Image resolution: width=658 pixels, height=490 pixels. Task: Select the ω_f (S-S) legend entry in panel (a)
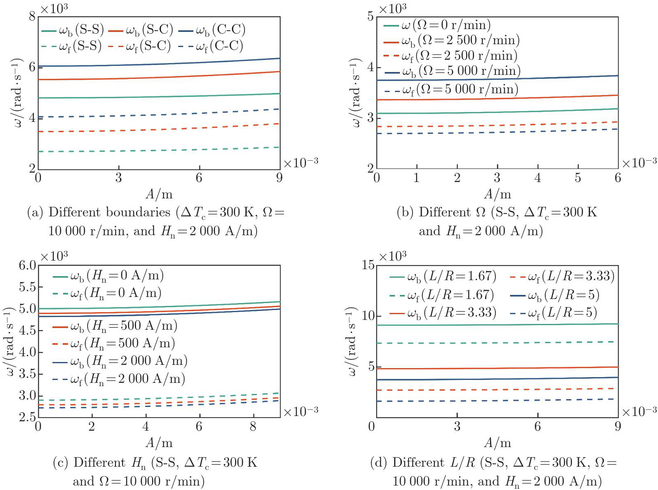[x=72, y=46]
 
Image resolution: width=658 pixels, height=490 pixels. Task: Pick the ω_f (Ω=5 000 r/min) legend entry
[x=451, y=90]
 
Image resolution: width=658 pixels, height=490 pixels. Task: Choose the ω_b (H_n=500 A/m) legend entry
[x=115, y=326]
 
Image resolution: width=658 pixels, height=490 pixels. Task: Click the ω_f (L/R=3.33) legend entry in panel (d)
[x=563, y=276]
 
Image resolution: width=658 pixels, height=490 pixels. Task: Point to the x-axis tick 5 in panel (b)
[x=578, y=178]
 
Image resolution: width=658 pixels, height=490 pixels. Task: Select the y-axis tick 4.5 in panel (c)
[x=27, y=330]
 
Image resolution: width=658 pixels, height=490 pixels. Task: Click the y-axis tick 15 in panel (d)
[x=368, y=265]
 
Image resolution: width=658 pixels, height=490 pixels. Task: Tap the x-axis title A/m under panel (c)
[x=159, y=443]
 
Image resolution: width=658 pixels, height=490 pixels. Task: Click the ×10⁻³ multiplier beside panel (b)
[x=639, y=163]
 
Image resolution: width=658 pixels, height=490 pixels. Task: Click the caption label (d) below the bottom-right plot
[x=379, y=463]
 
